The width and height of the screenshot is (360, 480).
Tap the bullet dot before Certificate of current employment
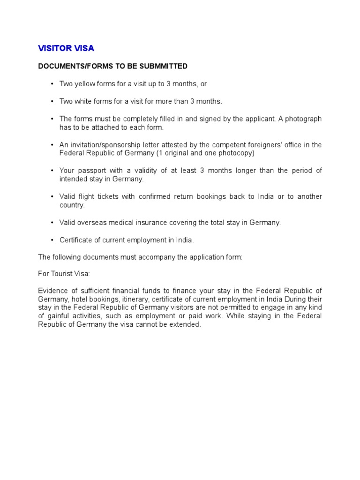(x=52, y=240)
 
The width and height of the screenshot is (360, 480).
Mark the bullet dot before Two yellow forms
(x=52, y=84)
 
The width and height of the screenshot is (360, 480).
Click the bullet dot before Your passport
(x=52, y=171)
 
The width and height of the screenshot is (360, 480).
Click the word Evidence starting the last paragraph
(x=53, y=291)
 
